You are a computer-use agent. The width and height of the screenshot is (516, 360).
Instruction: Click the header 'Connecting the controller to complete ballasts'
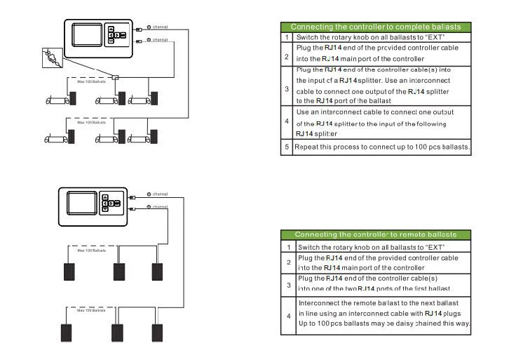[375, 27]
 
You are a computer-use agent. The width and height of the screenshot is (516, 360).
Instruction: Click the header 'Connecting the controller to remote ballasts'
[375, 234]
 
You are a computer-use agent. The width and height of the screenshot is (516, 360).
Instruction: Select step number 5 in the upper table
[287, 147]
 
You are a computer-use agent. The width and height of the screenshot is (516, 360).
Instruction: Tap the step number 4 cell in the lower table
[288, 316]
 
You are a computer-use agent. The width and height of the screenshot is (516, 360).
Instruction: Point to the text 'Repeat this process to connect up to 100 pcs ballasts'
[382, 147]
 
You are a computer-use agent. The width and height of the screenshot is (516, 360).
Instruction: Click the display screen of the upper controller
[87, 36]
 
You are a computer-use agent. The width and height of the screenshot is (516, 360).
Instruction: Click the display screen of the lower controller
[81, 204]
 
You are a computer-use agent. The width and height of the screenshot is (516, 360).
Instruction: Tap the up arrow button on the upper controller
[111, 29]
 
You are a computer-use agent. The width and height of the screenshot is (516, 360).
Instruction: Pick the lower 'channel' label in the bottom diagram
[161, 207]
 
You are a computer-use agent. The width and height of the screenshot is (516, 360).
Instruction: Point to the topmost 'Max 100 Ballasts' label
[91, 82]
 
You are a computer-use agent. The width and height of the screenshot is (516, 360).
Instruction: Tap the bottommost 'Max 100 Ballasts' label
[91, 309]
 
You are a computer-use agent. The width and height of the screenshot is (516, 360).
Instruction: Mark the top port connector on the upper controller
[140, 29]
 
